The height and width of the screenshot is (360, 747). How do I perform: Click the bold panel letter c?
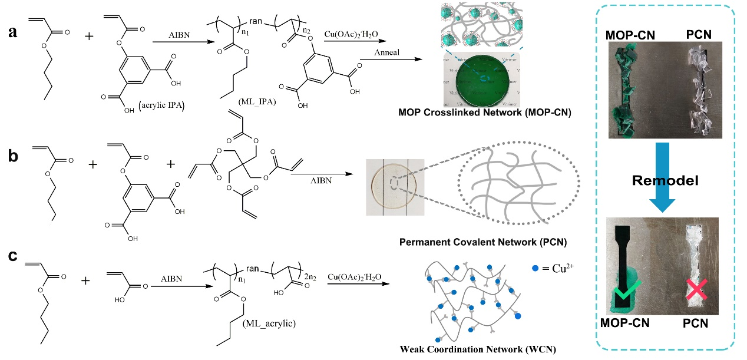click(x=11, y=257)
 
